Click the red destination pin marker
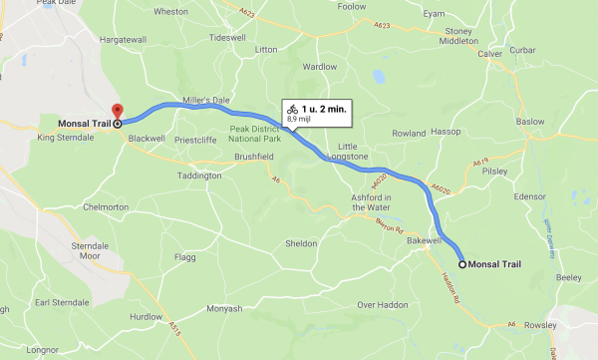(x=116, y=112)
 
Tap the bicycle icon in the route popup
(x=292, y=107)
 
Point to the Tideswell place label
(x=226, y=37)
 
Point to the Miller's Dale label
(x=206, y=100)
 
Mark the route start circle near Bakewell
(x=463, y=263)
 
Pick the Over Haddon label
(x=379, y=304)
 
